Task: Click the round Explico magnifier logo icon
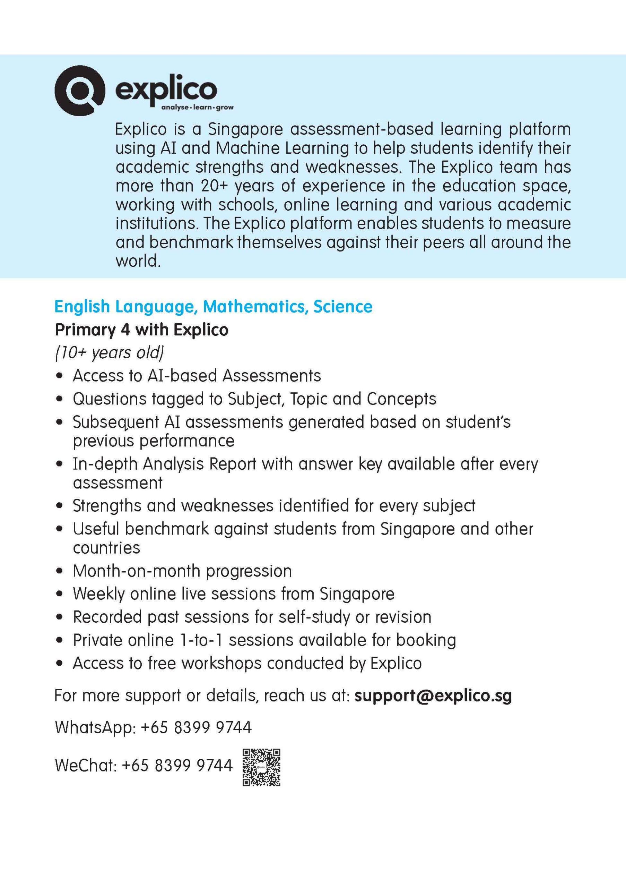pos(80,91)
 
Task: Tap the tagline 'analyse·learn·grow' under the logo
pos(197,107)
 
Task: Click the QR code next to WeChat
pos(261,767)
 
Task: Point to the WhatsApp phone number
pos(196,727)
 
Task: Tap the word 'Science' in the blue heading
pos(343,306)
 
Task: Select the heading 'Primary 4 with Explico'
pos(141,330)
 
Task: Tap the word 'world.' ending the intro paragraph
pos(138,262)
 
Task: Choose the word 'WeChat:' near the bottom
pos(85,765)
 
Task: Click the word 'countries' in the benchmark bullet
pos(106,548)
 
